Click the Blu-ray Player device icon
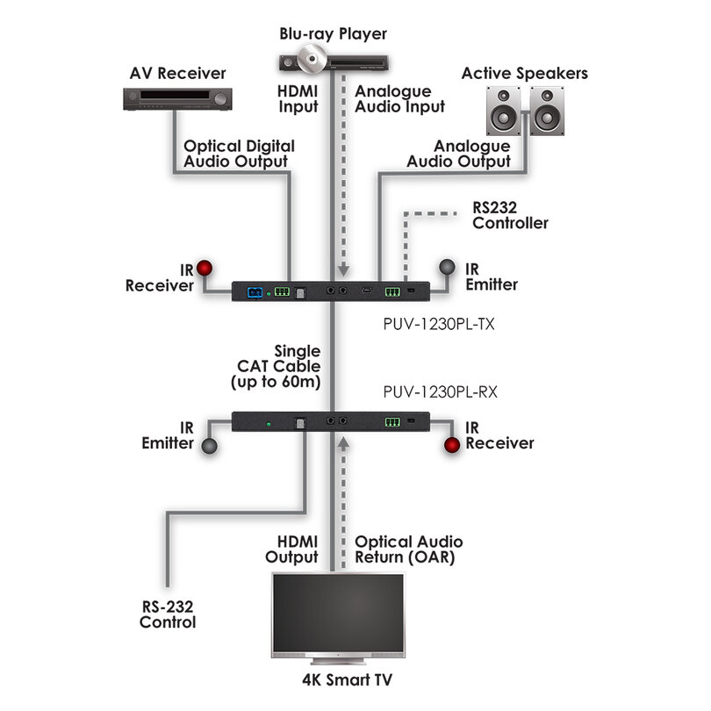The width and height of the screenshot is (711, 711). point(333,62)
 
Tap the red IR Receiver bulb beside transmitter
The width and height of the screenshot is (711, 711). point(205,268)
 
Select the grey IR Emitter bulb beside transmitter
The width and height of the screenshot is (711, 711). point(448,268)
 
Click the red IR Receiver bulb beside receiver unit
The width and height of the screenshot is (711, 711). point(452,446)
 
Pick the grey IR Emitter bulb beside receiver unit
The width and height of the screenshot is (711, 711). point(210,446)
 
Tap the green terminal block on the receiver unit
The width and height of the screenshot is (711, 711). point(392,422)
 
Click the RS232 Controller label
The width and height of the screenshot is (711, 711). point(510,216)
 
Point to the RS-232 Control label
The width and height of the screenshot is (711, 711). point(167,614)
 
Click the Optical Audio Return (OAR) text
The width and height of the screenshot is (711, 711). point(408,549)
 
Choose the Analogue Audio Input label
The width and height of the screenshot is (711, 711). point(399,98)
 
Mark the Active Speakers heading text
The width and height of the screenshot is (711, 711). point(525,74)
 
